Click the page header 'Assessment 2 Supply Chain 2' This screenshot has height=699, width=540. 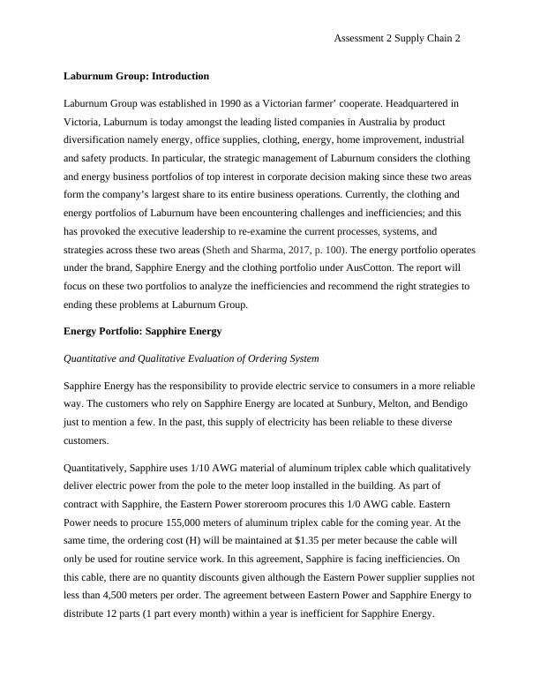coord(398,39)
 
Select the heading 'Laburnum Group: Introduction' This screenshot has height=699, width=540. coord(137,76)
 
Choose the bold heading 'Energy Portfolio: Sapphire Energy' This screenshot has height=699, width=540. coord(143,331)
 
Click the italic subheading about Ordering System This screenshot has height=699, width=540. coord(191,359)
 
